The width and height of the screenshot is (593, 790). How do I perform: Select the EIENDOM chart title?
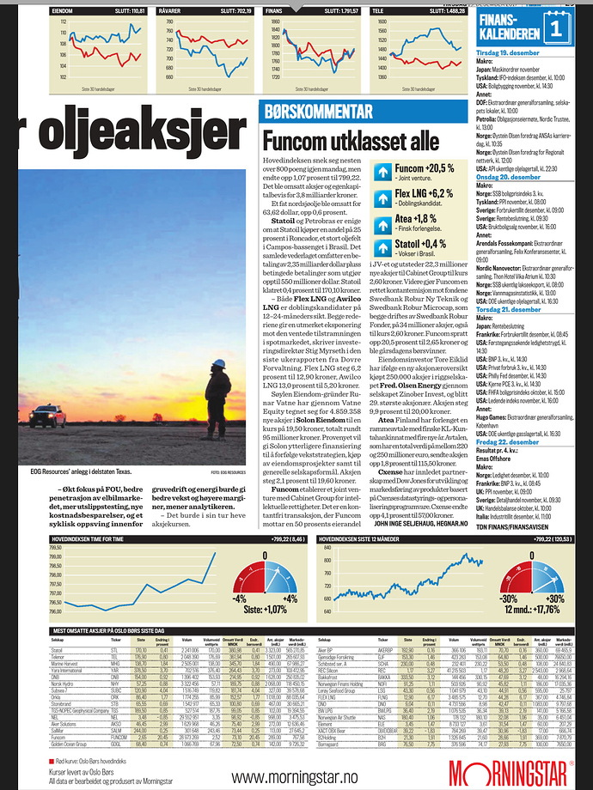tap(62, 11)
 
